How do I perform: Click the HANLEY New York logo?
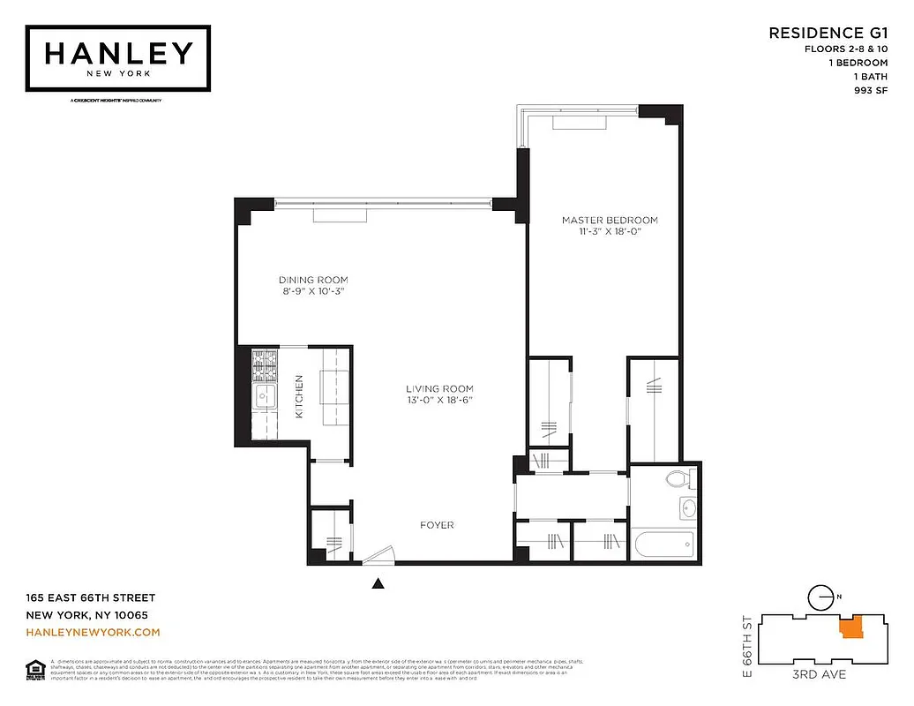pos(117,57)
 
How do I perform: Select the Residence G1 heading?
pos(827,33)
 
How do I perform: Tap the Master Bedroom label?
pos(610,220)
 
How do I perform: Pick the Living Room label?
pos(439,388)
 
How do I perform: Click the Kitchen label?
pos(299,395)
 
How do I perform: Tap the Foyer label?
pos(437,525)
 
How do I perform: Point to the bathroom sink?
pos(687,508)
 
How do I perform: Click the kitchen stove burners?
pos(265,364)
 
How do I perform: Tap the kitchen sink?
pos(264,398)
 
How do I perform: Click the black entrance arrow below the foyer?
pos(379,582)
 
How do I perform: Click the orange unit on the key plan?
pos(850,628)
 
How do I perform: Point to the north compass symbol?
pos(822,597)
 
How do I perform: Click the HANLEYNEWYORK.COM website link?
pos(93,632)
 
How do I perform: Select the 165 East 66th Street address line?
pos(90,597)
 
